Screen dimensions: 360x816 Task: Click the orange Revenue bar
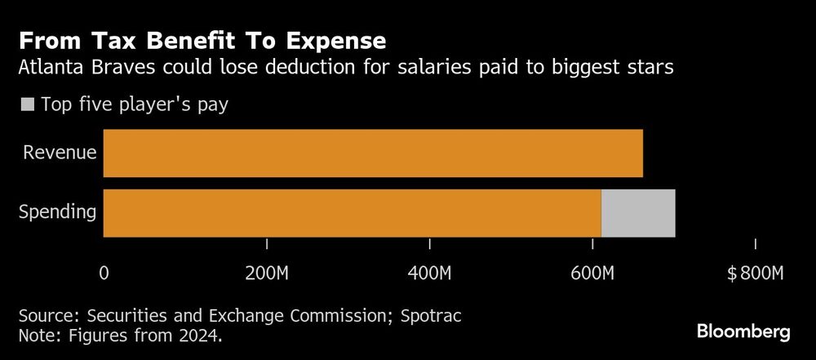point(373,153)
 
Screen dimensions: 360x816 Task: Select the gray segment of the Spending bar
point(638,213)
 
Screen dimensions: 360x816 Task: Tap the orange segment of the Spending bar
point(352,213)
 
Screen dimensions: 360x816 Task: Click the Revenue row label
point(60,153)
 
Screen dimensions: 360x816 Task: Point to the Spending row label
point(57,213)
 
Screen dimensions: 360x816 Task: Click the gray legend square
point(27,104)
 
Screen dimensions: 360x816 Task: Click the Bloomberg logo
point(743,331)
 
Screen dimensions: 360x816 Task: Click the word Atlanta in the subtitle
point(49,69)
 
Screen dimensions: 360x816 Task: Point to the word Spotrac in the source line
point(440,314)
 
